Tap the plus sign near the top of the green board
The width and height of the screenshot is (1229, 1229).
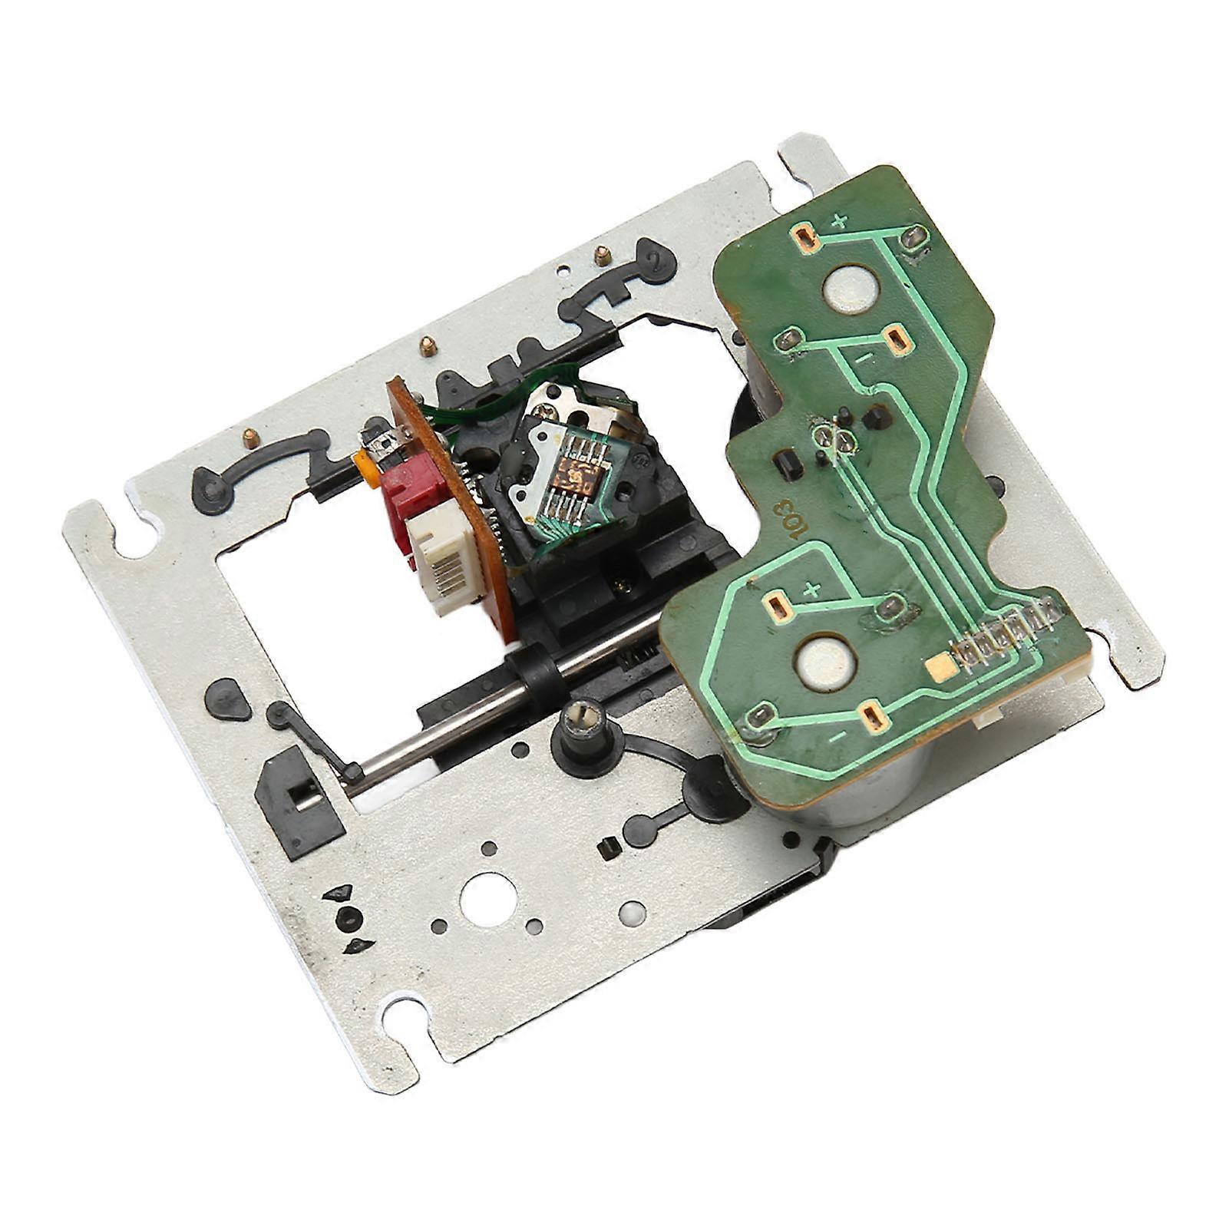click(841, 222)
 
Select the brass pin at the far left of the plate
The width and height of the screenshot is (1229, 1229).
click(250, 437)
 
